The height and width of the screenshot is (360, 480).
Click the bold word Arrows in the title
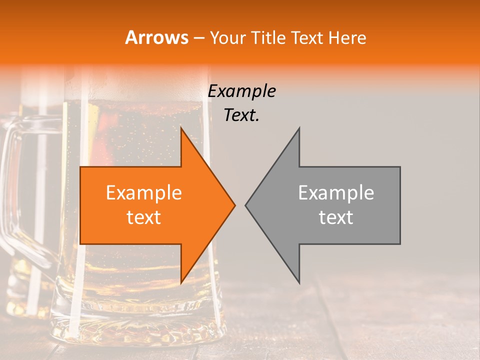tap(156, 37)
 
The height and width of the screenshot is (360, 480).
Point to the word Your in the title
tap(227, 38)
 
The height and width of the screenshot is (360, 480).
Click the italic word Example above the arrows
tap(242, 91)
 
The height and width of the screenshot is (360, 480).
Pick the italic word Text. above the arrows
tap(242, 115)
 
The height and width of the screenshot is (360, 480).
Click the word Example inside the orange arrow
tap(144, 192)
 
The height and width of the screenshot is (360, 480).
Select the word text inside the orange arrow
tap(144, 217)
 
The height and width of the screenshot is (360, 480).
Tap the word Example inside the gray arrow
tap(336, 192)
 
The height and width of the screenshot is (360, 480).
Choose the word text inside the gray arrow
tap(336, 217)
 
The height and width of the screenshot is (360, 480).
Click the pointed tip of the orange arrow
tap(235, 205)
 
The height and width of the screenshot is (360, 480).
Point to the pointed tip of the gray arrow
tap(245, 205)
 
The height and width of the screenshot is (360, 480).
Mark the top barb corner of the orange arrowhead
tap(181, 128)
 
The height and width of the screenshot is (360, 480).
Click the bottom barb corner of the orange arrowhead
tap(181, 282)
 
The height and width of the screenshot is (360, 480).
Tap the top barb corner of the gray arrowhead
tap(299, 128)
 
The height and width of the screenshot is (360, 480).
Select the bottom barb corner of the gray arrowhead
tap(299, 282)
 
